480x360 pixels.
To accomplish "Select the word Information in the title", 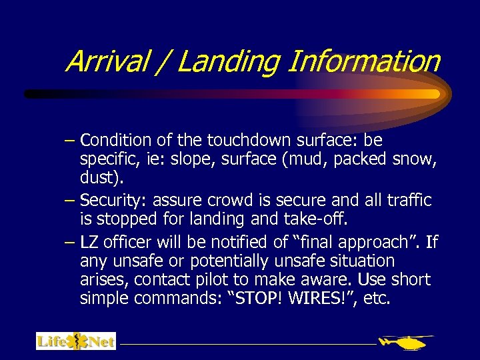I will [x=363, y=62].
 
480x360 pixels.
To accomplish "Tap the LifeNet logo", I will [x=75, y=341].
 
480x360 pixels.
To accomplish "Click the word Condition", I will [x=115, y=141].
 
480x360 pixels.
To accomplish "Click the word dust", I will [x=96, y=179].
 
